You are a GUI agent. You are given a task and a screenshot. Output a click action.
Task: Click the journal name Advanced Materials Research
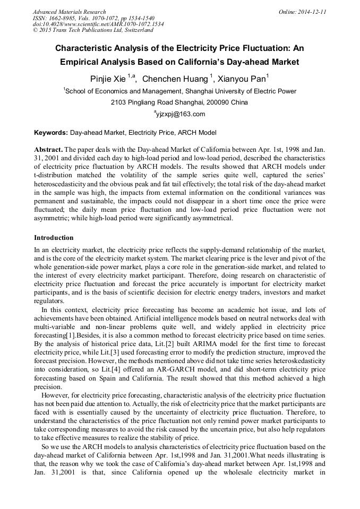[x=69, y=12]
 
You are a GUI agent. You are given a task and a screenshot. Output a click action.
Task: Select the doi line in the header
[x=98, y=24]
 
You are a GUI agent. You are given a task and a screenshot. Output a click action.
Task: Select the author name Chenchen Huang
[x=175, y=79]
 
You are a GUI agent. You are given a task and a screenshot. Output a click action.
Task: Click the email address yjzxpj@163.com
[x=181, y=114]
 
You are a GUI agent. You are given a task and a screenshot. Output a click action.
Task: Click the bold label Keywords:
[x=51, y=133]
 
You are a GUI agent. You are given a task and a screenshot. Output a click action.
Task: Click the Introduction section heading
[x=54, y=237]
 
